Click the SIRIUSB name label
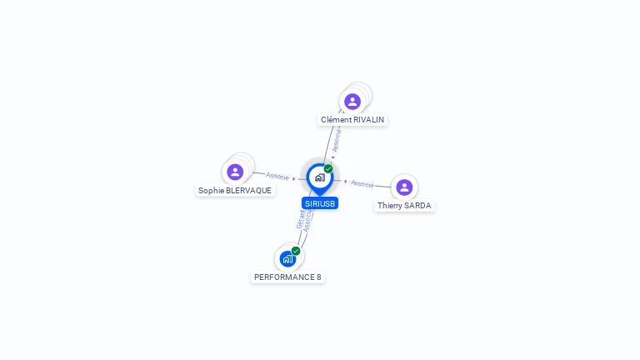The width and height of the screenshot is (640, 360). coord(320,203)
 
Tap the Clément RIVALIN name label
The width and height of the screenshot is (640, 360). coord(352,120)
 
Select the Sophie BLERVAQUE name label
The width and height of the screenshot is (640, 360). coord(235,191)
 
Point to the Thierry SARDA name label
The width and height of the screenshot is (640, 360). coord(404,206)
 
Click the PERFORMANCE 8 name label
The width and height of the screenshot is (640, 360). coord(287,277)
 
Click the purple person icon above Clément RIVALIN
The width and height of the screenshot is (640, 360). coord(352,102)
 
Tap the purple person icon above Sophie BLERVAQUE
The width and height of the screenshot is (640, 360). coord(235,172)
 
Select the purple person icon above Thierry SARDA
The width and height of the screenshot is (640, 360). coord(404,187)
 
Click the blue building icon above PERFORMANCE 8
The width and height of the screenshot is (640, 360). coord(287,258)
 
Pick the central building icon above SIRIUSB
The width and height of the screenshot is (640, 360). coord(319,177)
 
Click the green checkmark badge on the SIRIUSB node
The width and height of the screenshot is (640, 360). coord(328,168)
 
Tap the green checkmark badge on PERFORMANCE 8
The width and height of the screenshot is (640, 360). coord(296,251)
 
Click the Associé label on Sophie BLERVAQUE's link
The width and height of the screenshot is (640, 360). coord(277,176)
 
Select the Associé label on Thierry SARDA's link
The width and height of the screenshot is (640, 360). coord(362,183)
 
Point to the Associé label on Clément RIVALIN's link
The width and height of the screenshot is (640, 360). coord(336,140)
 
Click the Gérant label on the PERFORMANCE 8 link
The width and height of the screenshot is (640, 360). coord(301,218)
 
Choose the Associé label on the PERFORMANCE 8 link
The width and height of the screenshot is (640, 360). coord(308,221)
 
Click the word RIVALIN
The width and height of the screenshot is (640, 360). coord(368,120)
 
